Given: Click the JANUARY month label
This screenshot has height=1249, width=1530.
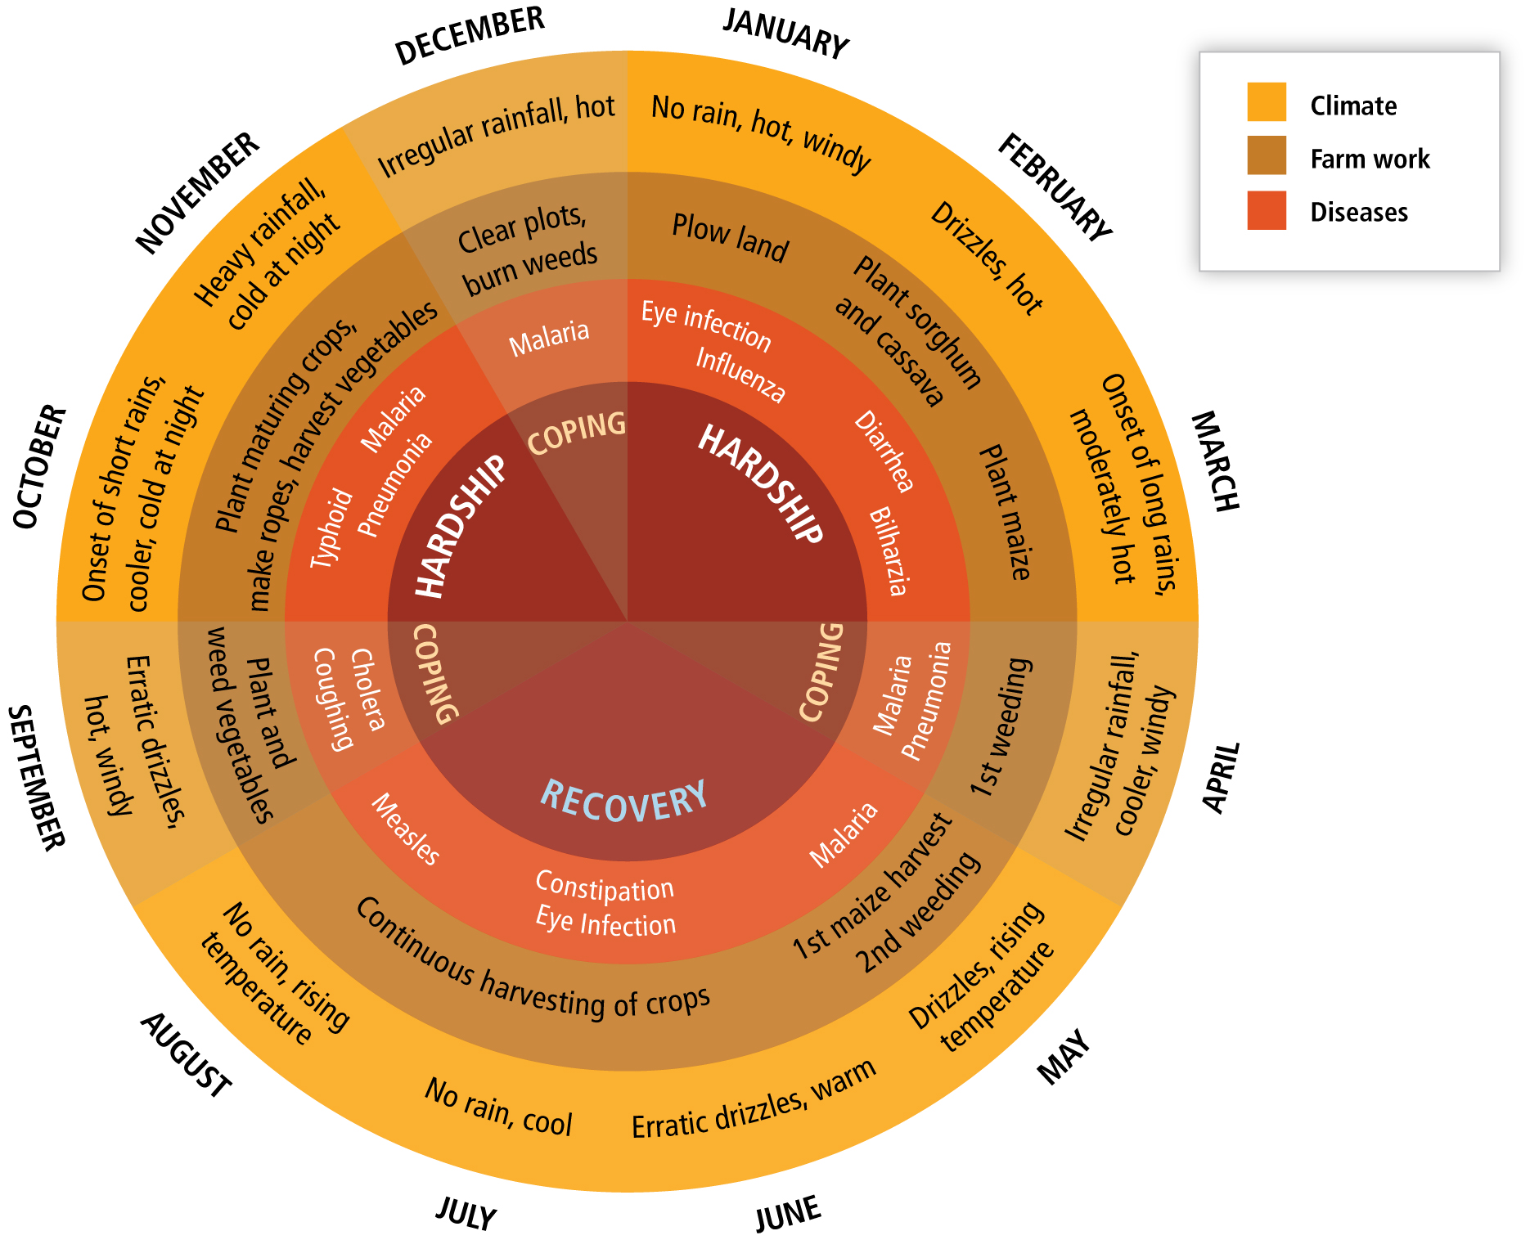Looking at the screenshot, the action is [x=785, y=34].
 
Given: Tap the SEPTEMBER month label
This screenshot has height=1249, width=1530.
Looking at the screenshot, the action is [x=37, y=778].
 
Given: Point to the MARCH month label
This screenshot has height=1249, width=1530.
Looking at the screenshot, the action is [x=1215, y=461].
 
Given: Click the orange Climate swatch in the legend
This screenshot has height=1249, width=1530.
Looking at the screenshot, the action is [x=1267, y=101].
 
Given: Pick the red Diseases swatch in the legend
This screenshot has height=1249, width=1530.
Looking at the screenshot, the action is [x=1267, y=210].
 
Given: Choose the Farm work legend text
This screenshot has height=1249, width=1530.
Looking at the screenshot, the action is [x=1370, y=159].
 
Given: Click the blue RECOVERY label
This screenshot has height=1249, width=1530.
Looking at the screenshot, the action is [x=624, y=801].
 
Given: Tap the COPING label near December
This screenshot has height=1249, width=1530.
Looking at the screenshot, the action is [x=577, y=432].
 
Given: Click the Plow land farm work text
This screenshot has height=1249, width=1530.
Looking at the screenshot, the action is [x=730, y=238].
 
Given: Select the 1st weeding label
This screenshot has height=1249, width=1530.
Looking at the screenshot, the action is [x=1000, y=727].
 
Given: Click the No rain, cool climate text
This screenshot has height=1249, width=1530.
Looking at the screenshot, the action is [x=498, y=1107].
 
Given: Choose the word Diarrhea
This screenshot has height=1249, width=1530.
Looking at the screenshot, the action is [x=884, y=452].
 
